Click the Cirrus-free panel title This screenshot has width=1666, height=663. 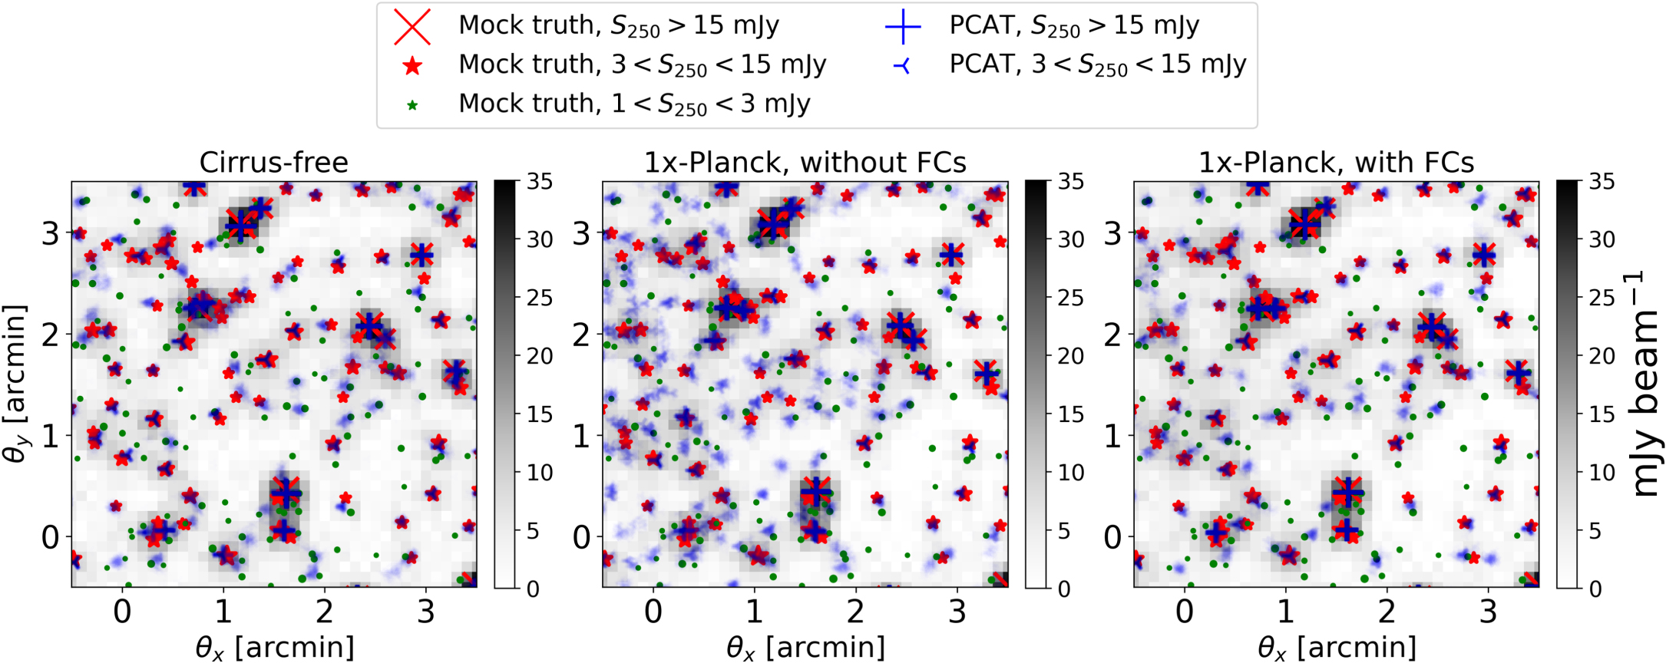pos(273,163)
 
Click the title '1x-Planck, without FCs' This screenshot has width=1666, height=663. pos(805,163)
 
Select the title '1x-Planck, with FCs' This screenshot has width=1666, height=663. pos(1336,163)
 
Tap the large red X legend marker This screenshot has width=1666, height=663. pos(412,27)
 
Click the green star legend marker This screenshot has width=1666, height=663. pos(412,105)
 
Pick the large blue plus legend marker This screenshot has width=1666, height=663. pos(903,27)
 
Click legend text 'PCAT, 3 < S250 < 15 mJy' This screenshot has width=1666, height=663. pos(1098,65)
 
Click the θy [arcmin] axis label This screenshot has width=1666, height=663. pos(15,384)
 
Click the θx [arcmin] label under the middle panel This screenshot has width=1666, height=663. pos(805,647)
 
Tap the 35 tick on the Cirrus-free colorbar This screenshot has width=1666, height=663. pos(539,182)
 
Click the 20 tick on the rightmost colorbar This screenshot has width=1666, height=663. pos(1602,356)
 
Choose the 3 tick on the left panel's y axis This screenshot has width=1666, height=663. pos(51,233)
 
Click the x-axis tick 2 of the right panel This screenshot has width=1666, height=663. pos(1387,612)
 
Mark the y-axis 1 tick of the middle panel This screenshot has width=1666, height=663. pos(582,436)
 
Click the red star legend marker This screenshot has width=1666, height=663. pos(412,66)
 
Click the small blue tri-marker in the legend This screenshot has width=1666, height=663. pos(903,67)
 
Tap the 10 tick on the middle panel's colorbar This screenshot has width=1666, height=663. pos(1071,473)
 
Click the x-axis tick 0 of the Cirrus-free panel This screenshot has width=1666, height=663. pos(122,612)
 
